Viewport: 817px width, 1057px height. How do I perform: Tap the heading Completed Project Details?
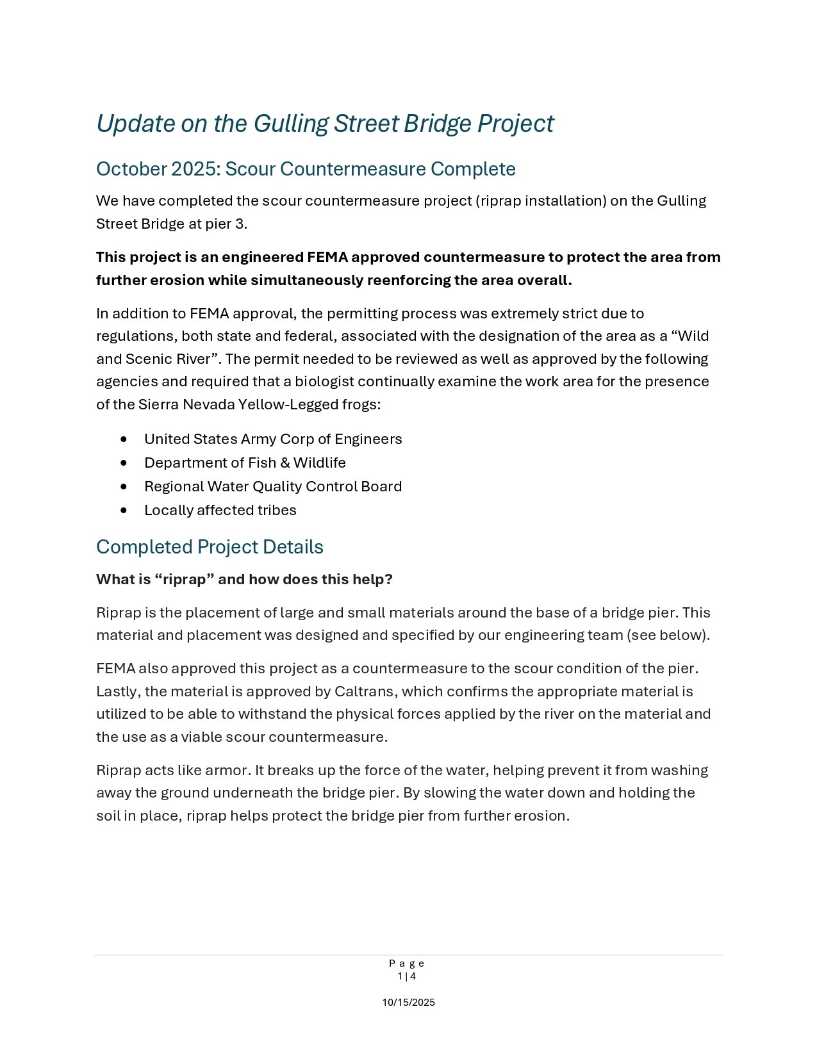(210, 547)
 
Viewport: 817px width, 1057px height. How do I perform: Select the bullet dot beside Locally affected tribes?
(124, 511)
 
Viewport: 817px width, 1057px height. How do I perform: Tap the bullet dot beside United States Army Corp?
(124, 439)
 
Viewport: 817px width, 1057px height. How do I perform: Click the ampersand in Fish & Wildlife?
(285, 463)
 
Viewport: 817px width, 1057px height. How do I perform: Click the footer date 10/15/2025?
(408, 1003)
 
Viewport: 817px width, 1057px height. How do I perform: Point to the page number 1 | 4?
(407, 976)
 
